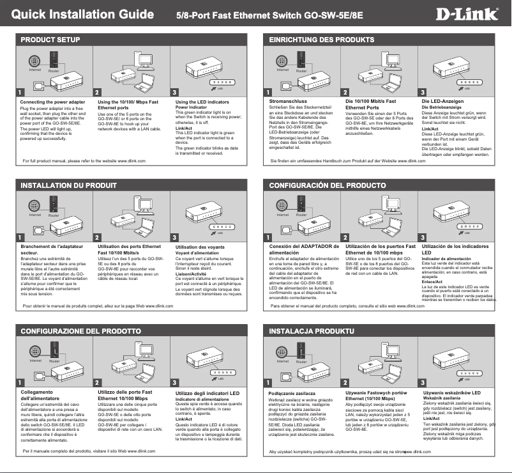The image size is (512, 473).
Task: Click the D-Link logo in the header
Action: [471, 13]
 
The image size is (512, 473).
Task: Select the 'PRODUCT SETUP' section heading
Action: [50, 40]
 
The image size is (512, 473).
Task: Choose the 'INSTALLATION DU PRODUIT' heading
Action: [69, 185]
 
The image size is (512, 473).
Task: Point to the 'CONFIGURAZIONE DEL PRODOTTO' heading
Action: [80, 331]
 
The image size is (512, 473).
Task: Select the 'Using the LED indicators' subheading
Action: [202, 102]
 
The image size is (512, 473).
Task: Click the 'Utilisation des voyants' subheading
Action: [200, 247]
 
